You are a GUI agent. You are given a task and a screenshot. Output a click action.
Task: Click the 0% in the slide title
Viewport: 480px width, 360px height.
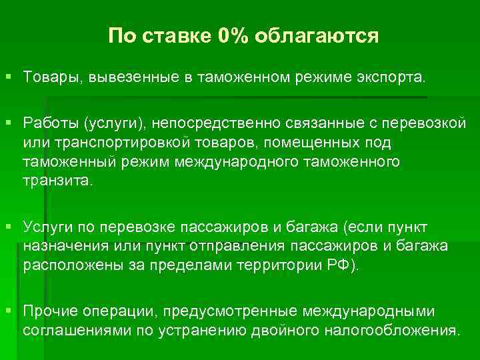point(231,35)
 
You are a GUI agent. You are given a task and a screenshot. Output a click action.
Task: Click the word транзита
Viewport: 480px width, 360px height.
point(57,181)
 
